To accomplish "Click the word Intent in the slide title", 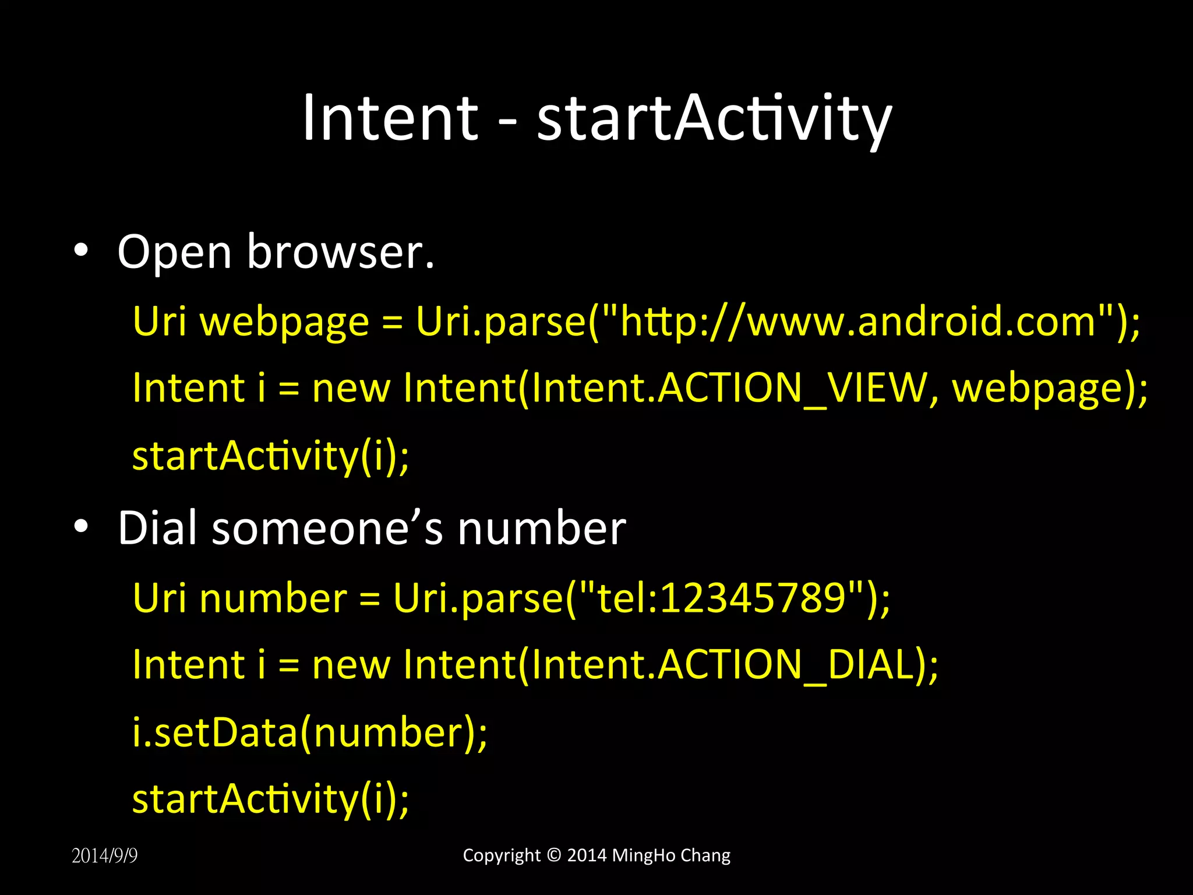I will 390,118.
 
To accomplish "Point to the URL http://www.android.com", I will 858,321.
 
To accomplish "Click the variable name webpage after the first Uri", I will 285,322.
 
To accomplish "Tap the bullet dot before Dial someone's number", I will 81,526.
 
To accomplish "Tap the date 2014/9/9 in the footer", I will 104,855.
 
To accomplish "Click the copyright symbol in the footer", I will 553,855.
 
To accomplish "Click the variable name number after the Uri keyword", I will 273,598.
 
